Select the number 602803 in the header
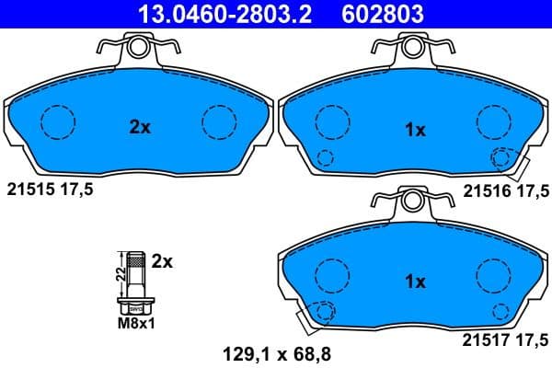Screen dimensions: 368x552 372,12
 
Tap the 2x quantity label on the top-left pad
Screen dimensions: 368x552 139,129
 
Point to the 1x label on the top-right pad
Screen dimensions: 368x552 416,131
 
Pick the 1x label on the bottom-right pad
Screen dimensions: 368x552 416,282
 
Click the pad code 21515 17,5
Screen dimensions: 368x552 50,190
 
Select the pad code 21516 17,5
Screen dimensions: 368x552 506,190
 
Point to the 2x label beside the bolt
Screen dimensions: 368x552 161,261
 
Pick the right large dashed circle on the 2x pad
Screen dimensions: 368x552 219,120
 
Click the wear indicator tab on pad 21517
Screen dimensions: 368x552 307,319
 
